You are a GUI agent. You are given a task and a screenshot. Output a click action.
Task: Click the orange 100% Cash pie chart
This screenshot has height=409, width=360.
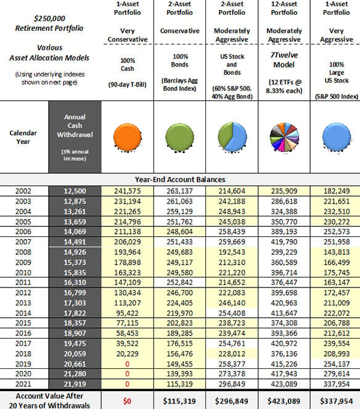tap(128, 138)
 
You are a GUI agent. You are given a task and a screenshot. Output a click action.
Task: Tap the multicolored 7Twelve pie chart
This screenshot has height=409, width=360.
tap(284, 137)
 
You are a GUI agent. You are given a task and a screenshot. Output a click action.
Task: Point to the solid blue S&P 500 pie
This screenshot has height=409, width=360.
tap(337, 137)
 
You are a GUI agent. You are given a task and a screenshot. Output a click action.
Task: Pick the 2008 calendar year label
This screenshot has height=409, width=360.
tap(23, 252)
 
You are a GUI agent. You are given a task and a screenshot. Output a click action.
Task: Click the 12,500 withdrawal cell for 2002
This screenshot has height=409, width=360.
tap(75, 191)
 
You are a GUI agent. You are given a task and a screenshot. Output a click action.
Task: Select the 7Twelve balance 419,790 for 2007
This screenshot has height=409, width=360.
tap(284, 242)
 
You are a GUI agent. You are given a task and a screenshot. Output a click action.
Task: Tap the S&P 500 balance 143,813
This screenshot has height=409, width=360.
tap(337, 252)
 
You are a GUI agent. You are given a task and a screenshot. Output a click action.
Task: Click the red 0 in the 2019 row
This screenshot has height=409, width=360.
tap(127, 364)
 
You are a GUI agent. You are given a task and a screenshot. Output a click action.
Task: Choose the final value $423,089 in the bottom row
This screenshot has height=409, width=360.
tap(284, 401)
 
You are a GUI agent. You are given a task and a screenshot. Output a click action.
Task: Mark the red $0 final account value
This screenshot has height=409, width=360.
tap(127, 401)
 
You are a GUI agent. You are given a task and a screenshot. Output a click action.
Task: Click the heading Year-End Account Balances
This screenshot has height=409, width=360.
tap(180, 180)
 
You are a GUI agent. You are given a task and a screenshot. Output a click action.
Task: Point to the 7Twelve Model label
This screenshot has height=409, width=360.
tap(284, 60)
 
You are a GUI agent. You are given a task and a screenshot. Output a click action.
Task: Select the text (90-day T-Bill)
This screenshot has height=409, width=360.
tap(128, 85)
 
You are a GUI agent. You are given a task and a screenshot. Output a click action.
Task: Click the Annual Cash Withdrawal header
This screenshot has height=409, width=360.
tap(75, 126)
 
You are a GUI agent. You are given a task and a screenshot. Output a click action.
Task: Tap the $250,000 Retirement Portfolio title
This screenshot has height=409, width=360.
tap(49, 23)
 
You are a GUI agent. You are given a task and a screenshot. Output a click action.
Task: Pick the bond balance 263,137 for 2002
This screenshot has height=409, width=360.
tap(179, 191)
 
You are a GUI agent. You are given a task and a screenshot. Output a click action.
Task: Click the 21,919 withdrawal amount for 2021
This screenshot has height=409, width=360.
tap(75, 384)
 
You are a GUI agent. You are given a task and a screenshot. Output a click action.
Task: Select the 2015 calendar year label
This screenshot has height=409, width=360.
tap(23, 323)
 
